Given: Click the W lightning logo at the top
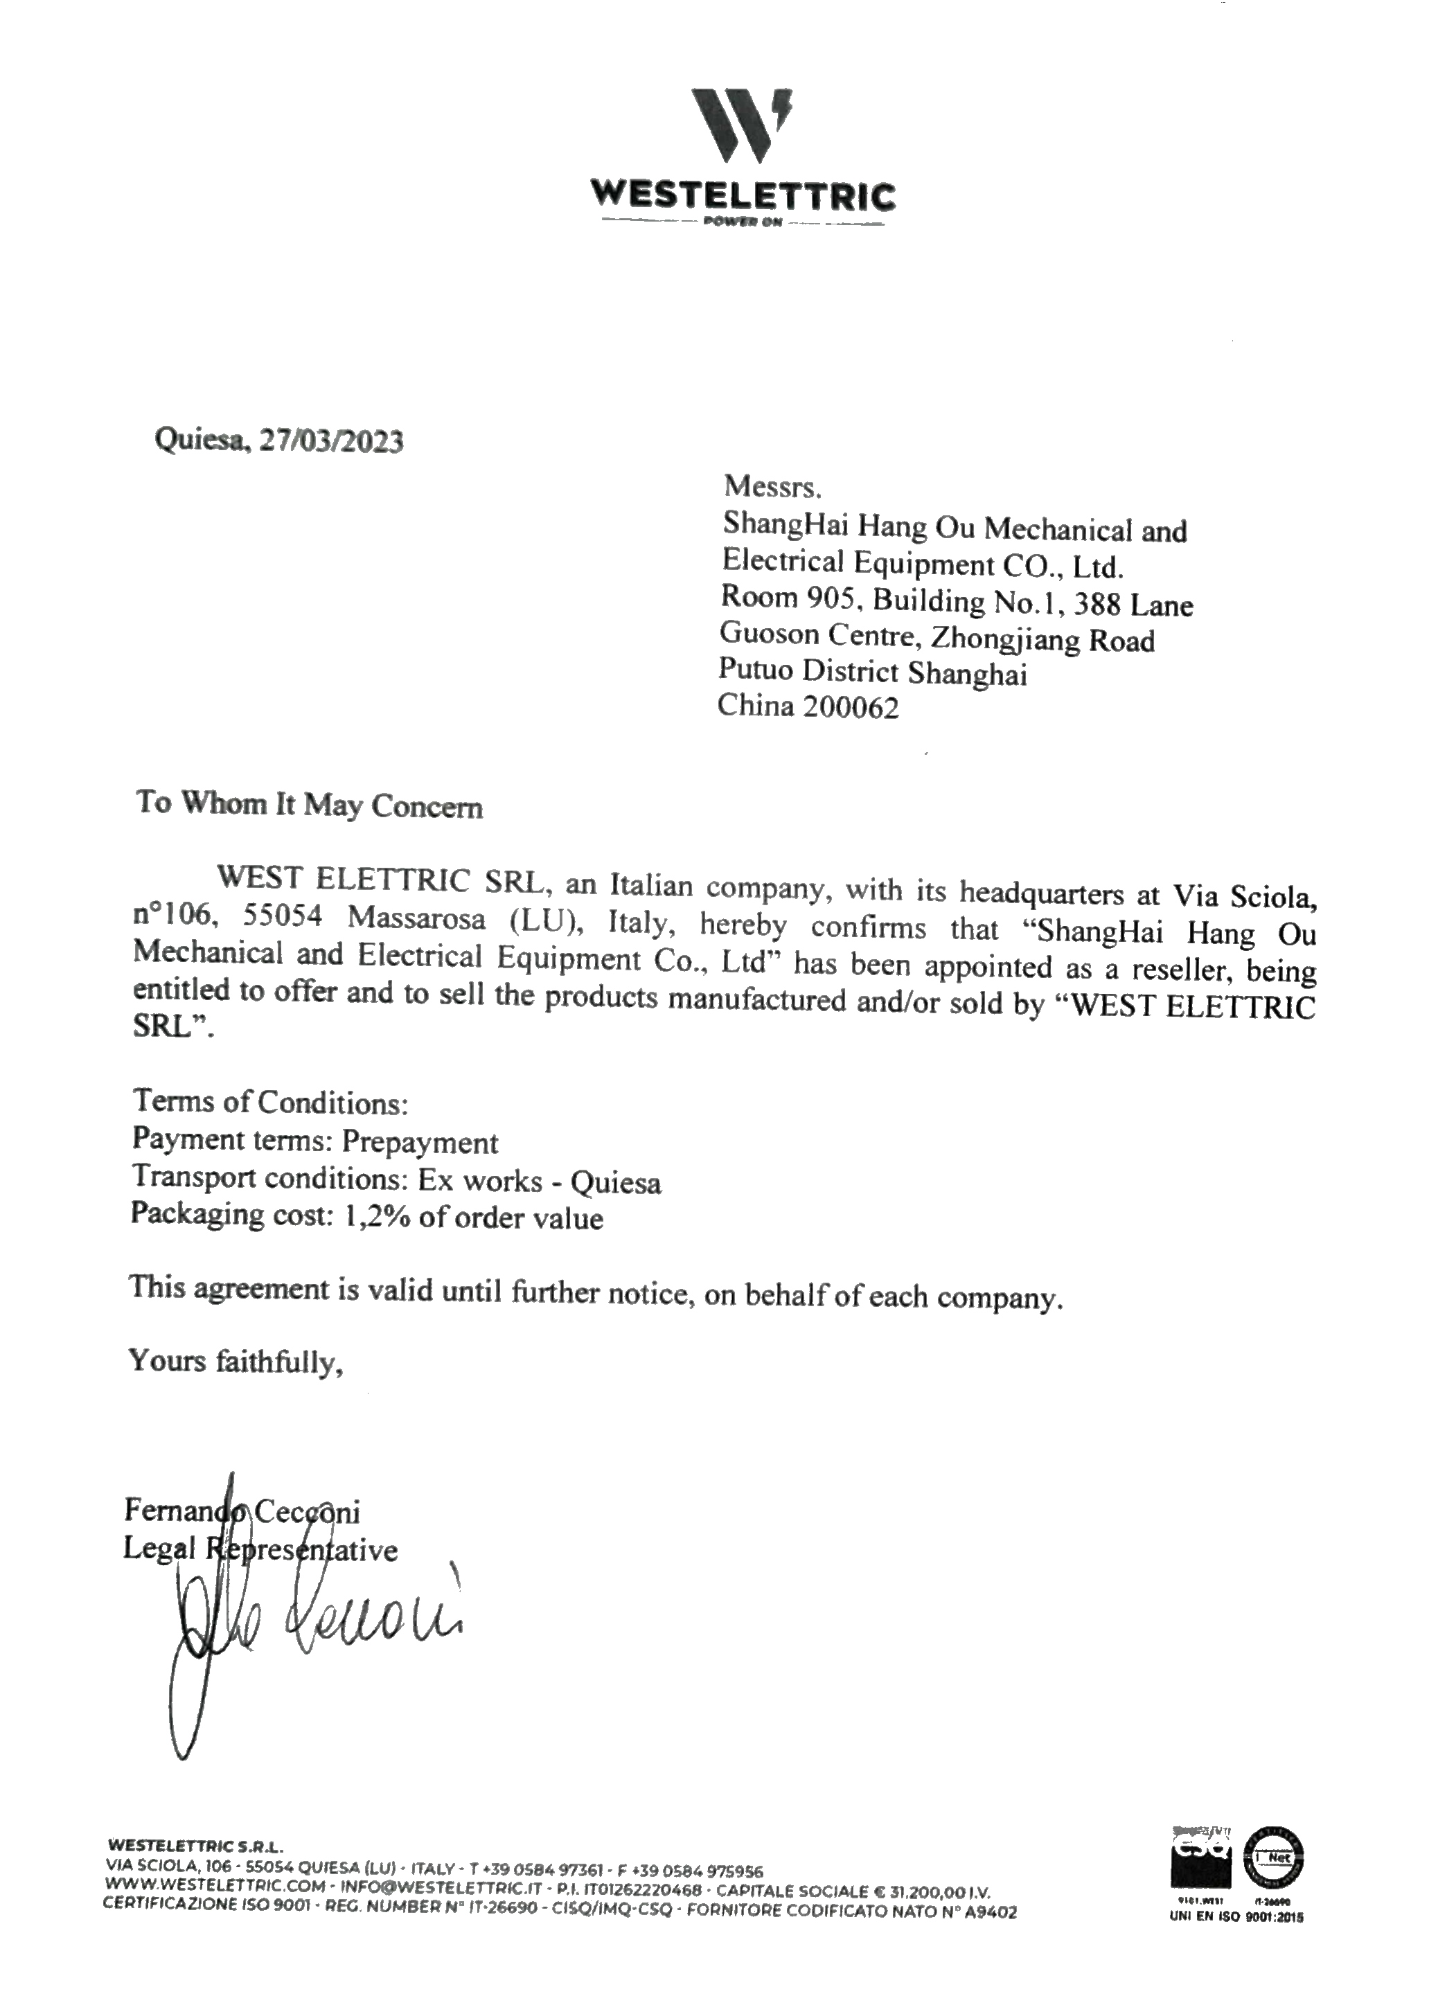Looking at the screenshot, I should click(741, 126).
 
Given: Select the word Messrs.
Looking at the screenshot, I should click(773, 486).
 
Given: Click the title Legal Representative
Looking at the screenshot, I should click(260, 1549).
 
